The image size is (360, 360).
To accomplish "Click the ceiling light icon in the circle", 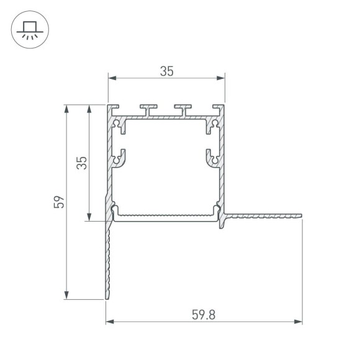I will pyautogui.click(x=29, y=29).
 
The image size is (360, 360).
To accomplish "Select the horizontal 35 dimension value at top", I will pyautogui.click(x=166, y=71).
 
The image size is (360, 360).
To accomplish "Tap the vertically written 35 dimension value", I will pyautogui.click(x=81, y=162).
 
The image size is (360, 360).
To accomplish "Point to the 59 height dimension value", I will pyautogui.click(x=58, y=202).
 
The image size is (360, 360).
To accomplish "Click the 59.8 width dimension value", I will pyautogui.click(x=204, y=315).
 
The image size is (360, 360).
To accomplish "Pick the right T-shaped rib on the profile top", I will pyautogui.click(x=183, y=110).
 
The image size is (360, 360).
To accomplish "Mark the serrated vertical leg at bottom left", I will pyautogui.click(x=108, y=261).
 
